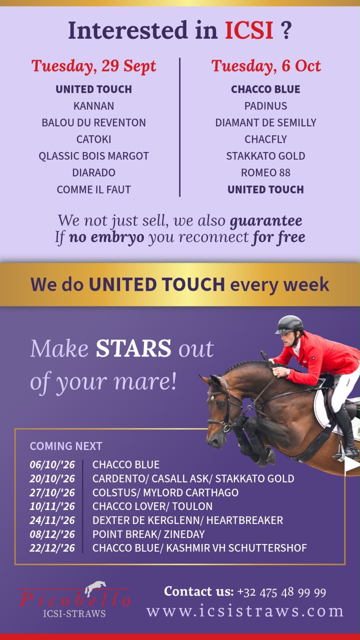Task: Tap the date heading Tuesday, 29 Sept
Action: pos(94,66)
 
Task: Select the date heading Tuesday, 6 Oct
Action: pos(266,66)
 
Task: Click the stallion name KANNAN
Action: pos(94,106)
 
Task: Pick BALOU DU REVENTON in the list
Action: pos(94,122)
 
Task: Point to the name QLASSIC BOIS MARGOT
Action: pos(94,156)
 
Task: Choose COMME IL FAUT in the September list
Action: pos(94,190)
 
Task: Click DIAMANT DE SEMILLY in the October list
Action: pos(266,122)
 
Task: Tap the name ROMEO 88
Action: pos(266,172)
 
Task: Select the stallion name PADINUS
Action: pos(266,106)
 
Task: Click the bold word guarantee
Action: pos(266,221)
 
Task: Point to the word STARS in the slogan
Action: pos(134,348)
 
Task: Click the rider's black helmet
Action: pos(289,324)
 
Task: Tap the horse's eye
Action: pos(221,404)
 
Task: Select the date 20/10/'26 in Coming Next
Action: pos(52,478)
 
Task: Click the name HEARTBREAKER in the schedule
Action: pos(244,520)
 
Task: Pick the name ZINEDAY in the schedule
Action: pos(184,534)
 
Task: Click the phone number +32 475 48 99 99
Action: pos(282,592)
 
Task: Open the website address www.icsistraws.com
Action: pos(245,611)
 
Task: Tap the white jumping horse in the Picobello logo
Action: pos(96,588)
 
